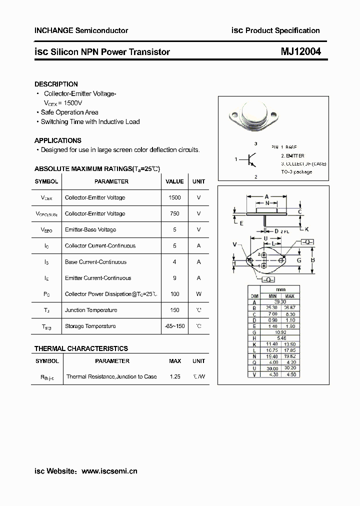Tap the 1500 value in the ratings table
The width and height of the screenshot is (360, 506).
(x=174, y=197)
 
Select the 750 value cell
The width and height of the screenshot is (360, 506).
(x=174, y=213)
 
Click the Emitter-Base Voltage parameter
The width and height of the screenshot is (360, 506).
(x=90, y=229)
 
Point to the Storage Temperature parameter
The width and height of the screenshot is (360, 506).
(x=90, y=326)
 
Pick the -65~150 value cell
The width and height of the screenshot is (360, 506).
(x=174, y=326)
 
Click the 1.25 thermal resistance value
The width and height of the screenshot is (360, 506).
(x=174, y=376)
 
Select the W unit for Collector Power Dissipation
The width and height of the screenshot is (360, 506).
(x=198, y=294)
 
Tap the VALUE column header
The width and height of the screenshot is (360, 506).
(x=174, y=181)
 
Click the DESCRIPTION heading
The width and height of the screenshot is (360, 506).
(x=56, y=84)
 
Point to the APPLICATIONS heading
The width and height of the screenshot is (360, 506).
(x=57, y=140)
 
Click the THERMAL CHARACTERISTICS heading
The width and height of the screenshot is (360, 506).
(x=81, y=348)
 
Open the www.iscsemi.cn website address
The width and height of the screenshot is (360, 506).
(x=109, y=471)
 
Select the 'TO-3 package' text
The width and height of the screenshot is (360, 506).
(x=296, y=171)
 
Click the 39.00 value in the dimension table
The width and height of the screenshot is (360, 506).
(x=280, y=302)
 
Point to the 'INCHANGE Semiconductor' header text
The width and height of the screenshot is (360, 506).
(x=81, y=30)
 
